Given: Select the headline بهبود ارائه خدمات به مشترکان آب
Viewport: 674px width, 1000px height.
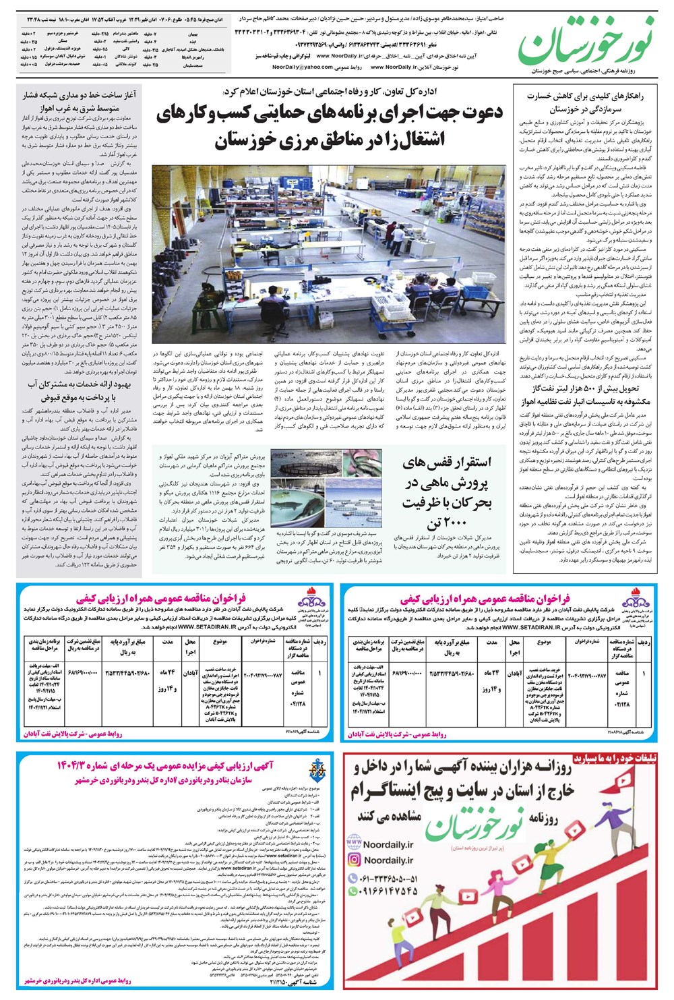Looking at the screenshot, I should pos(80,390).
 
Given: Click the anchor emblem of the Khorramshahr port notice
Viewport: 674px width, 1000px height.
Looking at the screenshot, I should pos(316,771).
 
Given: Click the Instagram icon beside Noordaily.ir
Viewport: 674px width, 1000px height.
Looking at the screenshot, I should pos(354,860).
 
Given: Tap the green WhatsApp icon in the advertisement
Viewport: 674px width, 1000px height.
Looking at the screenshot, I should pos(354,891).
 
